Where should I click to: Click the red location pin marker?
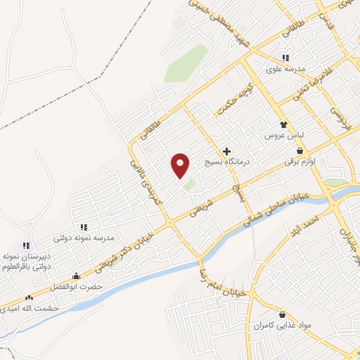pyautogui.click(x=181, y=165)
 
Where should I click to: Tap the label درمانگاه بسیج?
pyautogui.click(x=228, y=162)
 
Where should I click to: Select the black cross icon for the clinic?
pyautogui.click(x=226, y=151)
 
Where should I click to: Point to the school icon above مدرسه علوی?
pyautogui.click(x=285, y=58)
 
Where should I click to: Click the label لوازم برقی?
pyautogui.click(x=300, y=162)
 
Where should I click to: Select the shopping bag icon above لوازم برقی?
pyautogui.click(x=300, y=150)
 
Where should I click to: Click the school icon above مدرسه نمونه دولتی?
pyautogui.click(x=84, y=227)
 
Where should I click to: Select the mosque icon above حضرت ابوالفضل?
pyautogui.click(x=76, y=276)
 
